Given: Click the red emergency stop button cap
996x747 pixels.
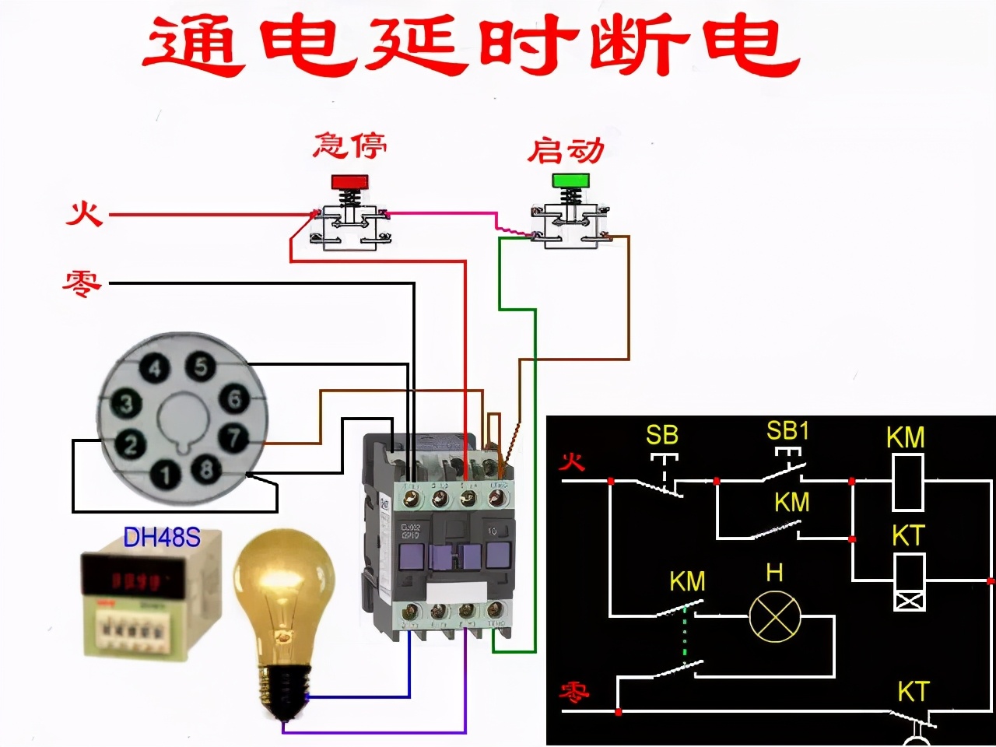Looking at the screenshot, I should (x=349, y=181).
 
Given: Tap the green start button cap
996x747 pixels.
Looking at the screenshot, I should (x=572, y=181).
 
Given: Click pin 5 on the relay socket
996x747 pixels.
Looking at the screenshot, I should (x=201, y=366).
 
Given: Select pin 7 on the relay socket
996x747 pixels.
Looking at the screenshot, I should (x=233, y=437).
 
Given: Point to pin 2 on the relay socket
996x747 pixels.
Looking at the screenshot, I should (x=130, y=444).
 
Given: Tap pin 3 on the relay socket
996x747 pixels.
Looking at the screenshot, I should (x=126, y=403).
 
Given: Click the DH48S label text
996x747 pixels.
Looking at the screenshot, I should (x=162, y=537).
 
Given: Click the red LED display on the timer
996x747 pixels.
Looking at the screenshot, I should (x=136, y=580).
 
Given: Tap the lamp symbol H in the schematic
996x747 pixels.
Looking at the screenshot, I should (x=774, y=616).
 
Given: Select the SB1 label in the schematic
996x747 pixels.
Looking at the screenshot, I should (x=787, y=430).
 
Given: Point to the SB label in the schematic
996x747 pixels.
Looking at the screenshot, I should (x=662, y=434).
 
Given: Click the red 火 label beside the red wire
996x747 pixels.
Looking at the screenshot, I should (x=84, y=212).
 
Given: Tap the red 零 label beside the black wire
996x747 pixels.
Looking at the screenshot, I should (x=82, y=282).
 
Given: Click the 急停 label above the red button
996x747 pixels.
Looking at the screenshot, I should (x=349, y=146).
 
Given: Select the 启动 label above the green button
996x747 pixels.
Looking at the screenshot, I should (x=566, y=149).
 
